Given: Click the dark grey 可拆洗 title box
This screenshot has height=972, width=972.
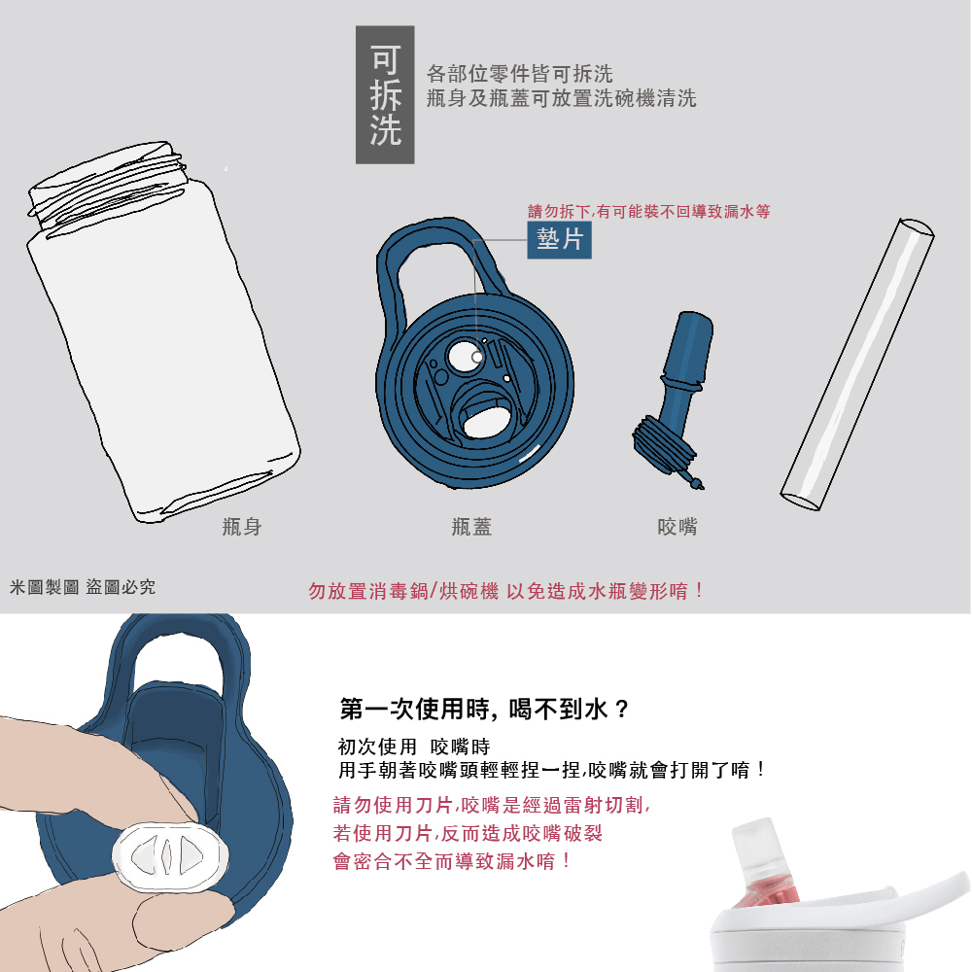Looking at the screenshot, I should [x=385, y=94].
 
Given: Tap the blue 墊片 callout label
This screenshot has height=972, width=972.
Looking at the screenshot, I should [x=560, y=238].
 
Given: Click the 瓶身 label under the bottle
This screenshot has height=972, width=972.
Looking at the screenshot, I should [x=241, y=527].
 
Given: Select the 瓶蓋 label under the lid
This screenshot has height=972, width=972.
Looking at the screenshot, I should [x=471, y=527].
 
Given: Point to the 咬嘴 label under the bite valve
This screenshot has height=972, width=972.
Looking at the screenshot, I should [x=677, y=527].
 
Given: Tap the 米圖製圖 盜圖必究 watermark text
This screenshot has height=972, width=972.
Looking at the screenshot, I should [x=82, y=587].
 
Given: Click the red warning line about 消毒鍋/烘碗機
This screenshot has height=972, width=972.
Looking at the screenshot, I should [x=505, y=590].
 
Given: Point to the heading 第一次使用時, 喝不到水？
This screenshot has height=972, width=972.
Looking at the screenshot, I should [x=485, y=709].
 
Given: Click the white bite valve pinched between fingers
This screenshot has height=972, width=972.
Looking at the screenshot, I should [x=171, y=855].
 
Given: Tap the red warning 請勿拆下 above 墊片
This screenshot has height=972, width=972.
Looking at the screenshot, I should [x=648, y=211].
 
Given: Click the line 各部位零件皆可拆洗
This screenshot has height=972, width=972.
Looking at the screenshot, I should [x=520, y=74].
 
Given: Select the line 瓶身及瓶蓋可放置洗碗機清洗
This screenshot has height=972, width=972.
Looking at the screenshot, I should [x=561, y=98].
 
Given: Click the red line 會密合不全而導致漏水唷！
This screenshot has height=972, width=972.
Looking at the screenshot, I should [x=453, y=861].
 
